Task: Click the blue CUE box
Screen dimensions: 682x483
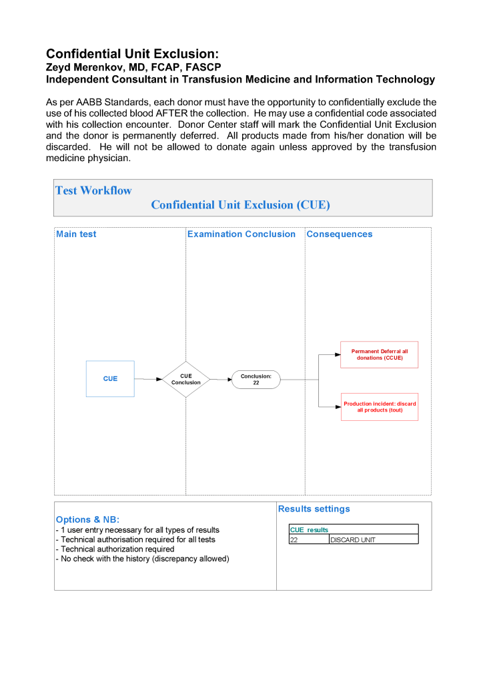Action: pos(110,379)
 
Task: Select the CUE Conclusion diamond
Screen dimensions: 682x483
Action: pos(186,379)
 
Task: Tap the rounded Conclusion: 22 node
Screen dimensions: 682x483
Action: pos(256,380)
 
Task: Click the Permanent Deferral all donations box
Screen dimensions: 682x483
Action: pos(379,354)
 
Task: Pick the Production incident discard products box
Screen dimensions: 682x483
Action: pos(380,406)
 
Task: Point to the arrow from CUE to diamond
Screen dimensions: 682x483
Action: pos(148,379)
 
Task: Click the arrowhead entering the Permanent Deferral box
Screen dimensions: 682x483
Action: pos(337,355)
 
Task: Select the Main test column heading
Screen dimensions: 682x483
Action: pos(76,234)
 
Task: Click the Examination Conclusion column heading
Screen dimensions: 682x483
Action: pos(241,234)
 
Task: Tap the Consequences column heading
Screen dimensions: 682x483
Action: pos(339,234)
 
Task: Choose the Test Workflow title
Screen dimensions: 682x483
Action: pos(93,190)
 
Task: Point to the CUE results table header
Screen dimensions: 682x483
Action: pos(309,529)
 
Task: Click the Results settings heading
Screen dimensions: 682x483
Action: pos(314,509)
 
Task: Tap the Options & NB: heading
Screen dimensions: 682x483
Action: pos(87,519)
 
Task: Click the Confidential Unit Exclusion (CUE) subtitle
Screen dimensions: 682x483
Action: pos(240,205)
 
